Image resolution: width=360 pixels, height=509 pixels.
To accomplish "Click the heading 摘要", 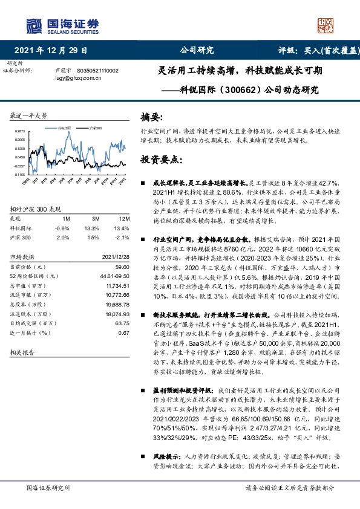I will tap(152, 117).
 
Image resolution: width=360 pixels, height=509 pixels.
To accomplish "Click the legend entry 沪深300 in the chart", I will tap(94, 129).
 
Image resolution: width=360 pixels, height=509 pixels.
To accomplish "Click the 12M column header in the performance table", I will tap(123, 218).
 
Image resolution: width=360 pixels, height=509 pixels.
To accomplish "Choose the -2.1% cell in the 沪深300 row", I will tap(123, 238).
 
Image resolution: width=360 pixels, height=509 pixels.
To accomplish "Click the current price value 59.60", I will tap(122, 267).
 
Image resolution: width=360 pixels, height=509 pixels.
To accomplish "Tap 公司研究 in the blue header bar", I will tap(197, 51).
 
